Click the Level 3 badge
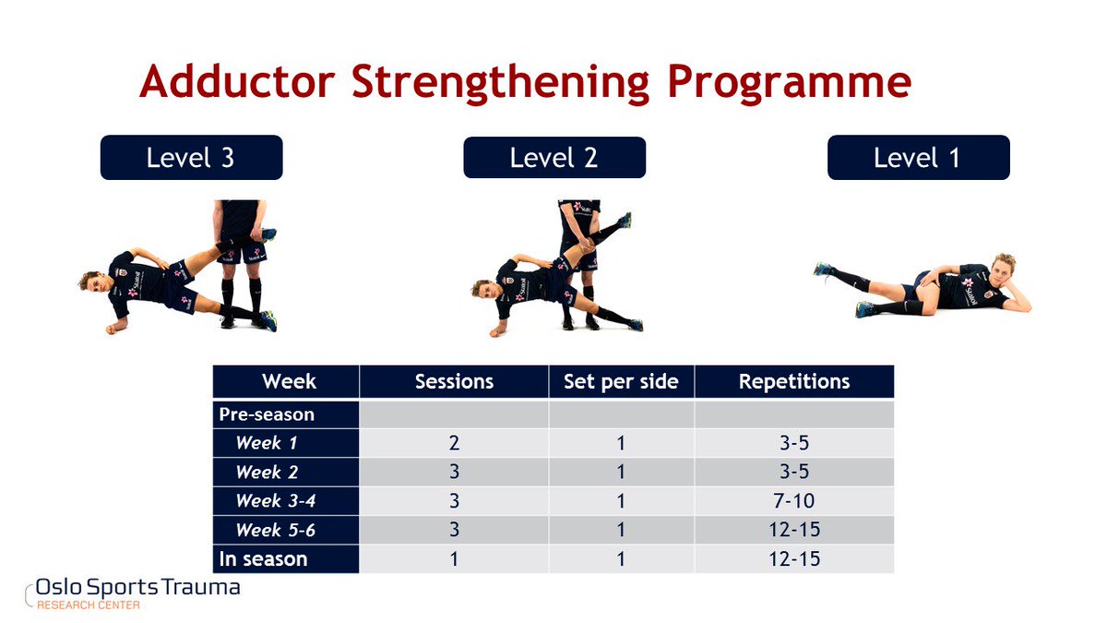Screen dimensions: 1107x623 tap(191, 157)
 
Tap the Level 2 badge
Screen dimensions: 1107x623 tap(554, 157)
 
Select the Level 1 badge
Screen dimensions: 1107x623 tap(919, 157)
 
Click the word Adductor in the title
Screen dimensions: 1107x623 tap(238, 81)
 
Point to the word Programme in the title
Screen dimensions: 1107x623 tap(790, 84)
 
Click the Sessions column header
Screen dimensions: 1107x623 tap(454, 381)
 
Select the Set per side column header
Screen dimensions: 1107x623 tap(621, 381)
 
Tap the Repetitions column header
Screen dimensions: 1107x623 tap(794, 381)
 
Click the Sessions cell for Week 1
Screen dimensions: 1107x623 tap(454, 443)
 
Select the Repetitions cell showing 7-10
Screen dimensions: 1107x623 tap(794, 501)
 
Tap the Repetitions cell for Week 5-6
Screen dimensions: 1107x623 tap(794, 530)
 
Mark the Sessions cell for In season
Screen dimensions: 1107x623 tap(454, 559)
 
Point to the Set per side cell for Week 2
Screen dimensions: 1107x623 tap(621, 472)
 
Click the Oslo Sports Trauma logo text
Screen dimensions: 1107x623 tap(137, 588)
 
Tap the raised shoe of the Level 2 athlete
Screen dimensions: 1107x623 tap(625, 220)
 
